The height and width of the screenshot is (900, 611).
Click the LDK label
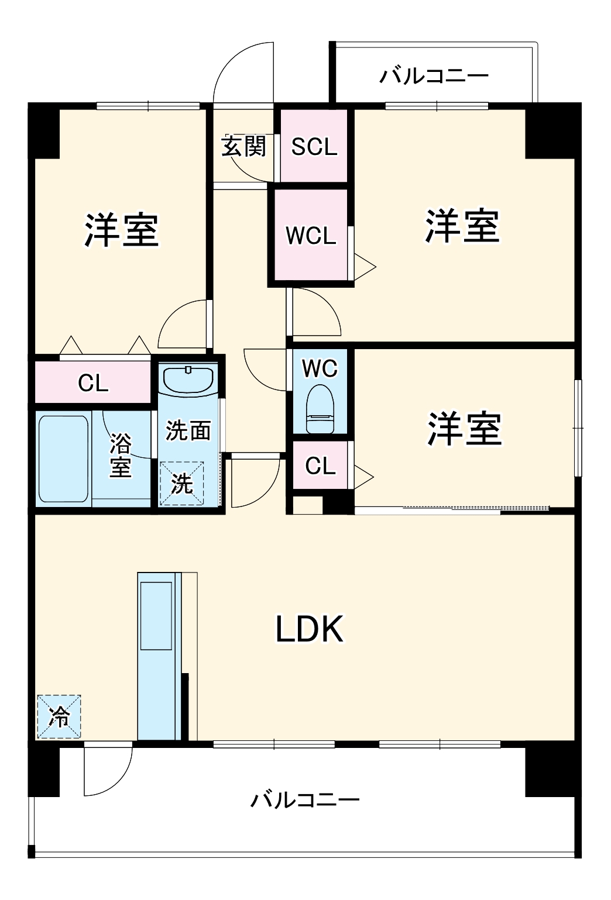click(310, 629)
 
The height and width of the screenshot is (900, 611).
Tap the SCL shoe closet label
click(314, 146)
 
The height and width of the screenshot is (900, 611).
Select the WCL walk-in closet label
click(311, 236)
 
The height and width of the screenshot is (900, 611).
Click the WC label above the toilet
click(320, 368)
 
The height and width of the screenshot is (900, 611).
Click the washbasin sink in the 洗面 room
click(187, 380)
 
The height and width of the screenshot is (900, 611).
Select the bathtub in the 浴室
click(63, 458)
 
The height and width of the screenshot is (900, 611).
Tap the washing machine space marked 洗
click(182, 484)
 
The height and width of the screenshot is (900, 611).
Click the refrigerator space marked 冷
click(59, 717)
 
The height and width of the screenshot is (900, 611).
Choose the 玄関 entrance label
click(243, 146)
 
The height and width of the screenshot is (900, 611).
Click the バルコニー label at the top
click(434, 76)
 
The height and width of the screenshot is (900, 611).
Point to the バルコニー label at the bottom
click(305, 799)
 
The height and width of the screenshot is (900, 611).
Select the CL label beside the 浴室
click(93, 384)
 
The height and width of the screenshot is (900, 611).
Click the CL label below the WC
click(320, 466)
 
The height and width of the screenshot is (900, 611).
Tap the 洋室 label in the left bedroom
click(121, 230)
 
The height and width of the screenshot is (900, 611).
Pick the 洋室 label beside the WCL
click(462, 226)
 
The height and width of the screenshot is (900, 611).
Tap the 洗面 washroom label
click(188, 430)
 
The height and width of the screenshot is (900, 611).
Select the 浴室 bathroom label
click(121, 456)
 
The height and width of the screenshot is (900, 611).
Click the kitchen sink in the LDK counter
click(156, 615)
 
